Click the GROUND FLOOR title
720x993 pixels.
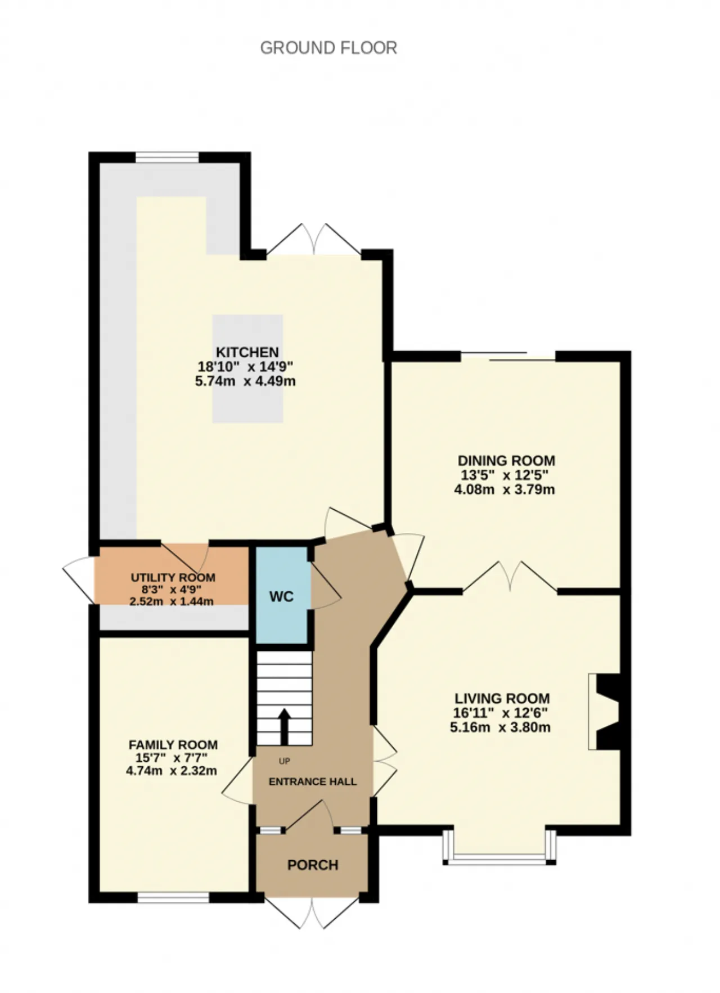pyautogui.click(x=328, y=48)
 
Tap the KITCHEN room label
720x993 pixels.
pyautogui.click(x=247, y=352)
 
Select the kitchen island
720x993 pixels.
pyautogui.click(x=247, y=369)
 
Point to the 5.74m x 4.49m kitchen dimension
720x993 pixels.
pyautogui.click(x=245, y=381)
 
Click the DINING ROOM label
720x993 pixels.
pyautogui.click(x=506, y=461)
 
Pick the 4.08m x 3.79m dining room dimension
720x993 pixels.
pyautogui.click(x=505, y=489)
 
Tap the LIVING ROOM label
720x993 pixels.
pyautogui.click(x=502, y=699)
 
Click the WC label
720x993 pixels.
pyautogui.click(x=281, y=596)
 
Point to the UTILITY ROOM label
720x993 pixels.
pyautogui.click(x=173, y=578)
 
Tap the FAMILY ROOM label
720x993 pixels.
pyautogui.click(x=173, y=745)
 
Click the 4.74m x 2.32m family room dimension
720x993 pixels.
pyautogui.click(x=172, y=771)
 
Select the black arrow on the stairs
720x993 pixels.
pyautogui.click(x=284, y=726)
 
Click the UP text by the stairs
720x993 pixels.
pyautogui.click(x=285, y=761)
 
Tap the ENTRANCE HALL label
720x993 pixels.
pyautogui.click(x=313, y=781)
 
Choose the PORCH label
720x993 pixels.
pyautogui.click(x=313, y=865)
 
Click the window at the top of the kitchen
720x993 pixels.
pyautogui.click(x=167, y=157)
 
